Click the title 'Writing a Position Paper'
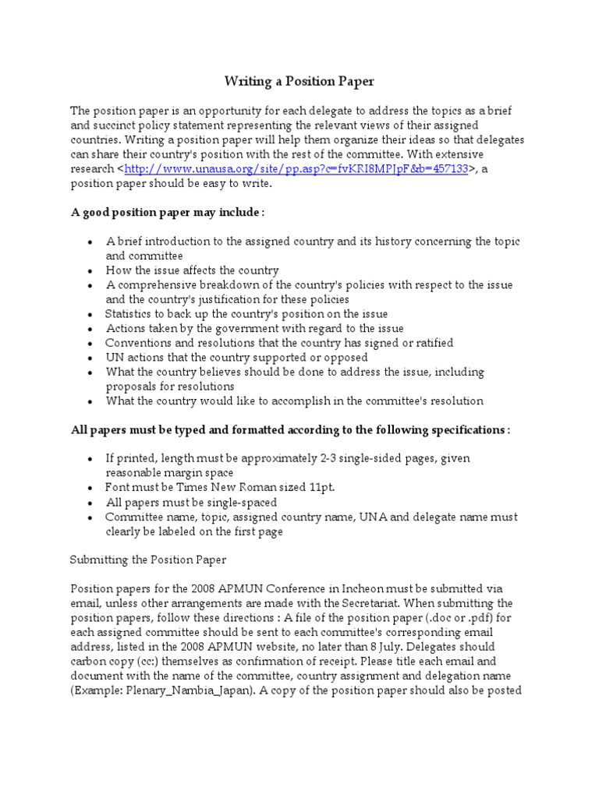click(299, 80)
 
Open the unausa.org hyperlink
click(296, 169)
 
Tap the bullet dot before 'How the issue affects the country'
click(91, 270)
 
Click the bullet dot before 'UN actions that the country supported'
click(91, 358)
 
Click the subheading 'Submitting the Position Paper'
click(147, 560)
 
